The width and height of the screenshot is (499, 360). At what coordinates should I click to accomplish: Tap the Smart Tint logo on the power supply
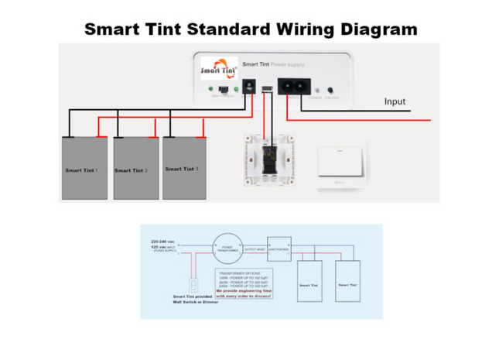tap(219, 69)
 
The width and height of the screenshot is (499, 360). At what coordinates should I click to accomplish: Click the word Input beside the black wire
tap(395, 101)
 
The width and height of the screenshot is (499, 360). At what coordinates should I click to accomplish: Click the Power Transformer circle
tap(226, 248)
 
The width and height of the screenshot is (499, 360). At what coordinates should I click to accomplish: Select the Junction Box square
tap(279, 248)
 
